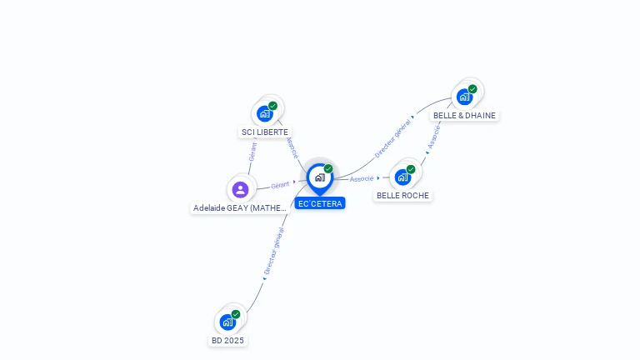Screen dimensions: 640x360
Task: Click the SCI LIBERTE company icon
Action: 266,113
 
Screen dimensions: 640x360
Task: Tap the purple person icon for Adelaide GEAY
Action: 241,189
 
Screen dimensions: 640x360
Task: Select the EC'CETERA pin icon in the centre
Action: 319,177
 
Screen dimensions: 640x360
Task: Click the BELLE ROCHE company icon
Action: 403,177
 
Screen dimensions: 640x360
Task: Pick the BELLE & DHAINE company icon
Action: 465,97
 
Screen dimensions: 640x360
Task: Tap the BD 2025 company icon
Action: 227,322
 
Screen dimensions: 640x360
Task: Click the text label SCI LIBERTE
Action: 265,132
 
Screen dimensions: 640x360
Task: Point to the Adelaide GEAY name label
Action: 240,208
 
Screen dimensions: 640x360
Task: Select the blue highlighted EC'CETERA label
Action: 320,203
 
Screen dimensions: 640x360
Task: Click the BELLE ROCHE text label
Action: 403,195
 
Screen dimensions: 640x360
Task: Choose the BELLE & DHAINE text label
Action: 465,115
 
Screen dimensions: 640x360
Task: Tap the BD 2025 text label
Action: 227,340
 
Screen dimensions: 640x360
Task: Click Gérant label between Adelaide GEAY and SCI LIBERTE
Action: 252,152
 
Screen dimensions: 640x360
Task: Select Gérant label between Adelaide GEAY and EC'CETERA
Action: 280,185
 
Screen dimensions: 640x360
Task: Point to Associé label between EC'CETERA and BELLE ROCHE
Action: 362,178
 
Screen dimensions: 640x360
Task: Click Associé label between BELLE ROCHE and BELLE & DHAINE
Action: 433,137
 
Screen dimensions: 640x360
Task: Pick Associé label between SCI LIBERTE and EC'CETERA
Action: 292,147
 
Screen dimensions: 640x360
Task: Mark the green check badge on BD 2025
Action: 236,314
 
